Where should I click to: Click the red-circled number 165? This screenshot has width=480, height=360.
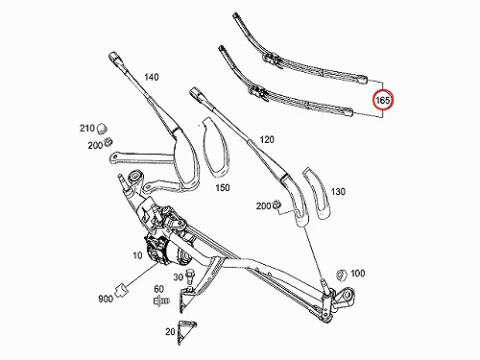coord(383,101)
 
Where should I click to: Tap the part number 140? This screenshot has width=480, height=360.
coord(152,77)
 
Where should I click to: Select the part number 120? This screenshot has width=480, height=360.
coord(267,139)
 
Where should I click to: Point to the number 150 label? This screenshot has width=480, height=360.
coord(223,187)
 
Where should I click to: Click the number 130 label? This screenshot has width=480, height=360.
coord(338,192)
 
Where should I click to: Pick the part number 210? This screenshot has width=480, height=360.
coord(87,129)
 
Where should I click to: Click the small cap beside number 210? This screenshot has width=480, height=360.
coord(102,128)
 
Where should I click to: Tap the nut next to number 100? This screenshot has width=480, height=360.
coord(342,275)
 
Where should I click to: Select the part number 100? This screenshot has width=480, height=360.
coord(357,274)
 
